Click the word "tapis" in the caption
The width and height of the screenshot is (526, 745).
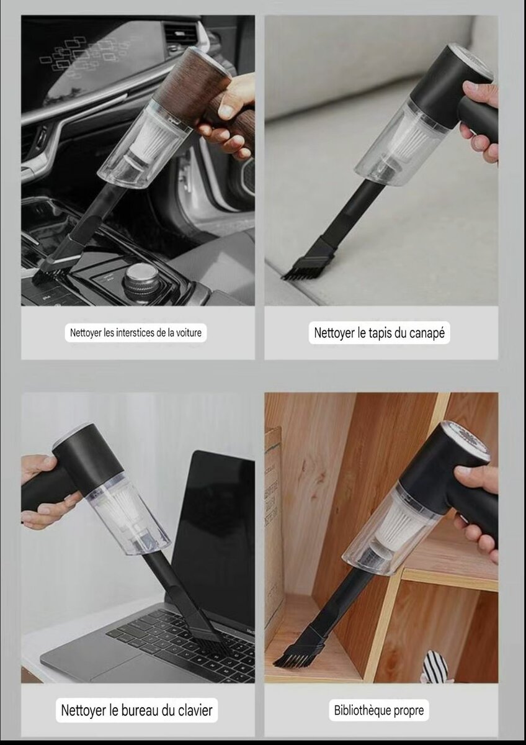[x=380, y=333]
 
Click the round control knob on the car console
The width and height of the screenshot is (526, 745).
[x=141, y=279]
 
